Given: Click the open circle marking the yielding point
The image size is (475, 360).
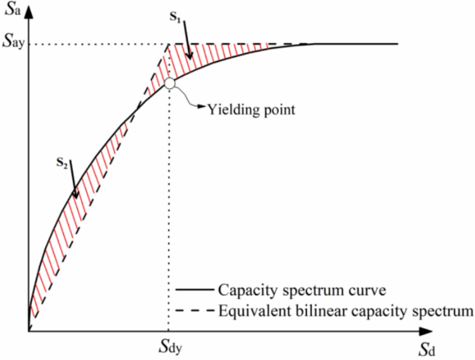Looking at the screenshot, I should pos(169,84).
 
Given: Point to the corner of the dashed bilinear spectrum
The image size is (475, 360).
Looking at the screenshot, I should pos(169,45).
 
